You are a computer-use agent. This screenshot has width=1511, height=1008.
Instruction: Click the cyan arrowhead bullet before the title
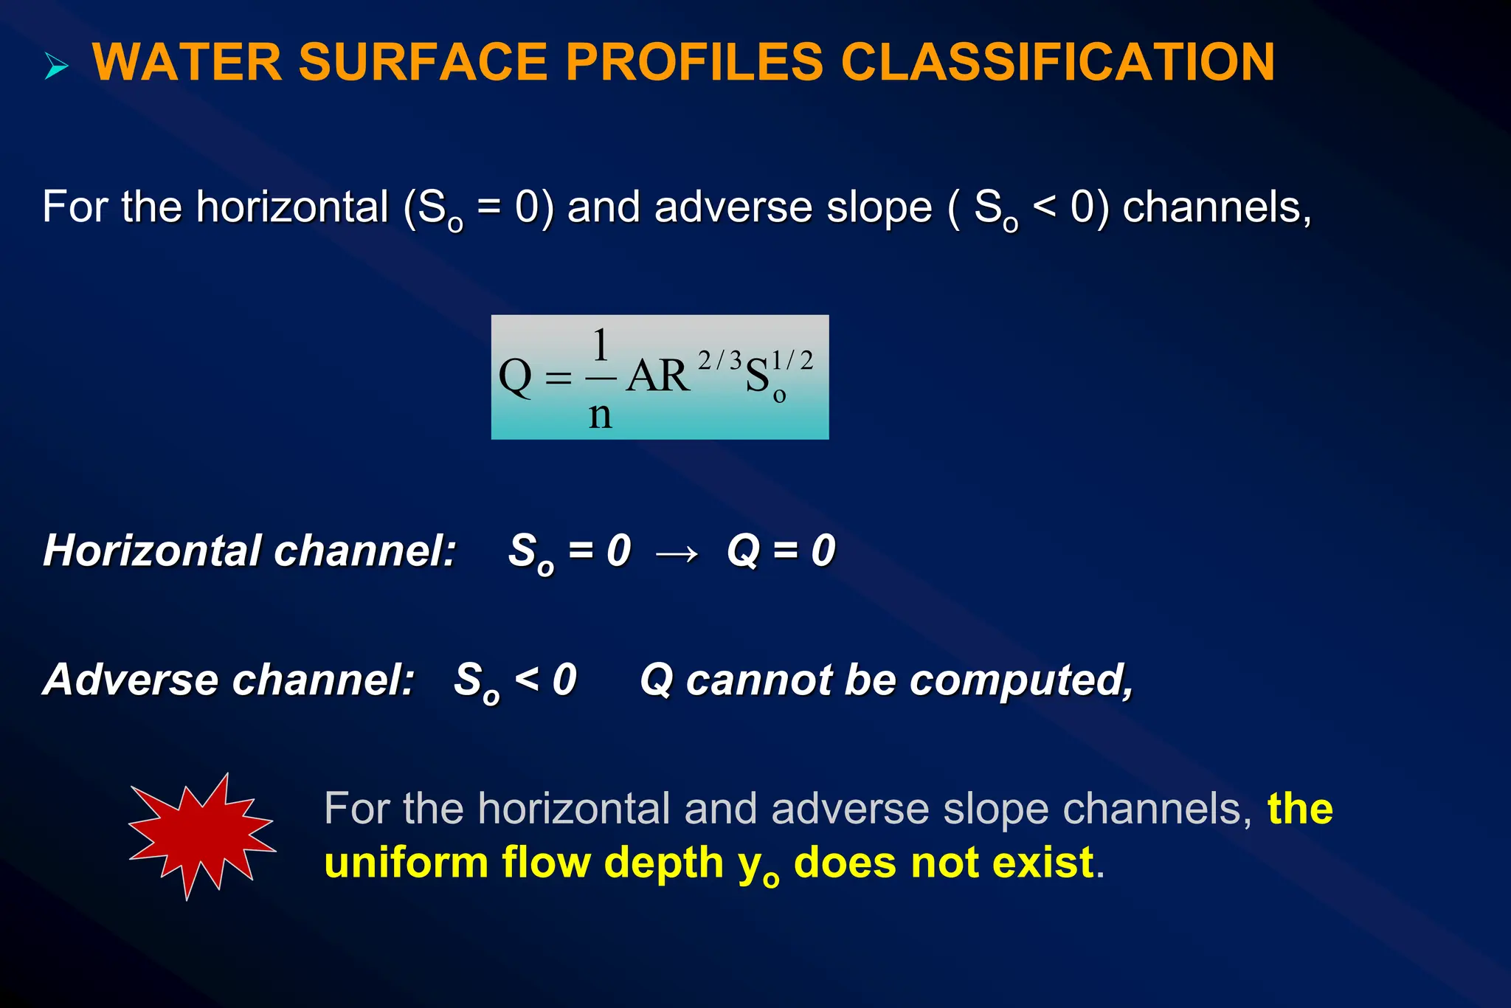point(56,66)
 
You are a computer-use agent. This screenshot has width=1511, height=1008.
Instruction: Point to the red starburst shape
point(201,836)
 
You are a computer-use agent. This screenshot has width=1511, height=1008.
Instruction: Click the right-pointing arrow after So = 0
point(677,553)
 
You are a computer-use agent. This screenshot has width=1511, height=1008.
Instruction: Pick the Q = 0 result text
point(781,550)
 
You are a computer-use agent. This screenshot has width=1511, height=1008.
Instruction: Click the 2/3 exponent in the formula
point(719,360)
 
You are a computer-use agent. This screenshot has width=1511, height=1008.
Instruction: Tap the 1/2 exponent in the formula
point(792,360)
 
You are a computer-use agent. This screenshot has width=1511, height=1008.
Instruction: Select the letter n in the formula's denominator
point(600,415)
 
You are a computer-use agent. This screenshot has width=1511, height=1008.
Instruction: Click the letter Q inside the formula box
point(515,376)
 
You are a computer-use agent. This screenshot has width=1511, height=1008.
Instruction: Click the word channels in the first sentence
point(1216,207)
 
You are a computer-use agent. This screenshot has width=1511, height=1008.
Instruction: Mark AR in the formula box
point(658,376)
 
